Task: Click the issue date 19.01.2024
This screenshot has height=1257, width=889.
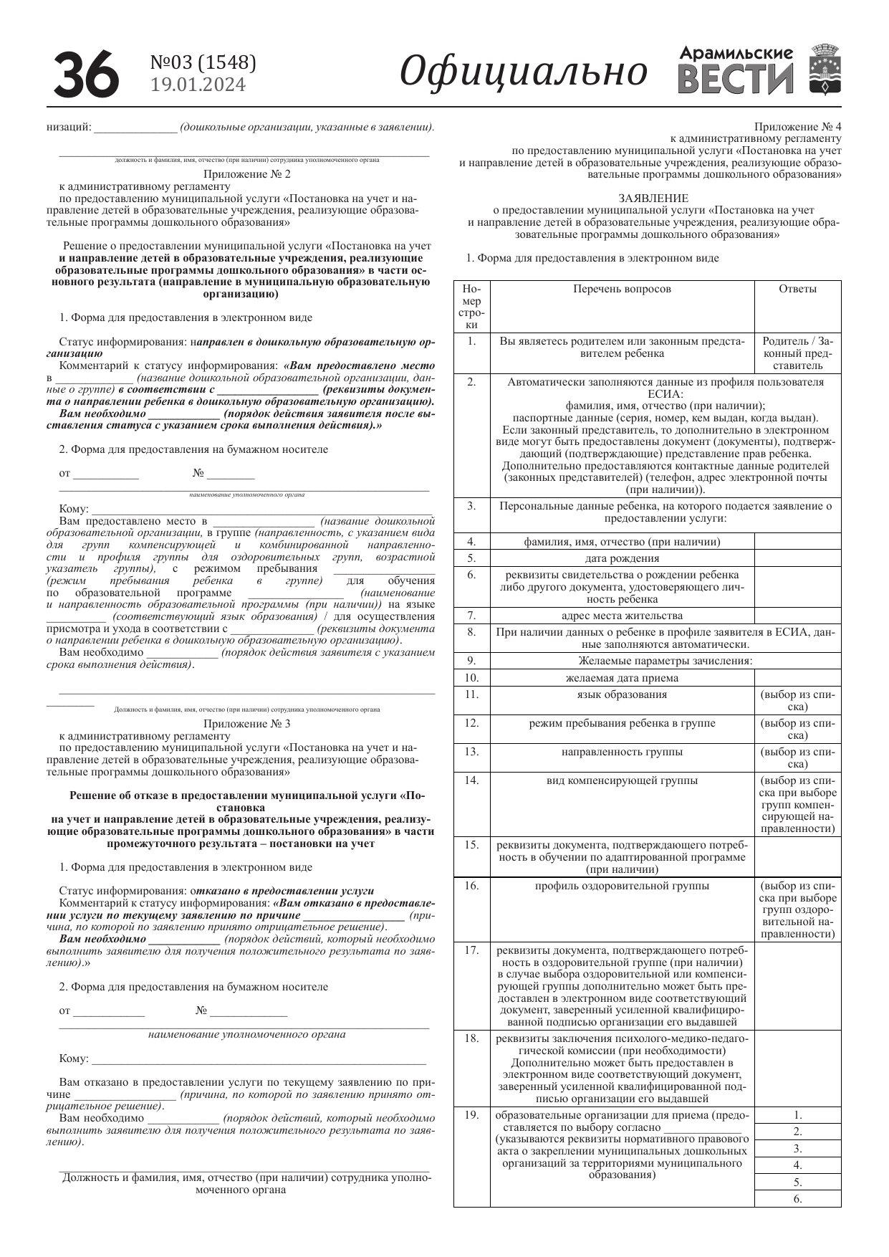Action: point(198,85)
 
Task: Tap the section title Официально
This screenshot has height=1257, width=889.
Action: point(523,72)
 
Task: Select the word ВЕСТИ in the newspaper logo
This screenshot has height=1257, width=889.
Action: point(735,80)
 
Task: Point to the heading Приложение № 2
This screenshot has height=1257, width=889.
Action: point(246,174)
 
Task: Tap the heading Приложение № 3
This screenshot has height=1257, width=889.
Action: point(246,724)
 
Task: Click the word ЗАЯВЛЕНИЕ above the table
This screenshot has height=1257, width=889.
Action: point(653,198)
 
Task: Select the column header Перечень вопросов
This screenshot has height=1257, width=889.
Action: point(622,289)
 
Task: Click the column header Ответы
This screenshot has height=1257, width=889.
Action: point(797,289)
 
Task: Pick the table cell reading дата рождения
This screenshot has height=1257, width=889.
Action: point(622,558)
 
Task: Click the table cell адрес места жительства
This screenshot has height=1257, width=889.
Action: point(622,616)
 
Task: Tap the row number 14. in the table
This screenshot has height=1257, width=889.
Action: point(471,780)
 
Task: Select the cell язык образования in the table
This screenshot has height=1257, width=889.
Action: point(622,694)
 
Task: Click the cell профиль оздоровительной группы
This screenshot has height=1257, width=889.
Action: point(622,886)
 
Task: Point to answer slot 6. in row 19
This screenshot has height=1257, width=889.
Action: point(797,1198)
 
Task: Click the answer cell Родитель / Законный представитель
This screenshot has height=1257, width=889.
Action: point(797,353)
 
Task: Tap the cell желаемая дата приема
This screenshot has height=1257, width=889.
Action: point(622,678)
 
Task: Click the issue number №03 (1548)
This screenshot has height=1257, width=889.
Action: point(203,63)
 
